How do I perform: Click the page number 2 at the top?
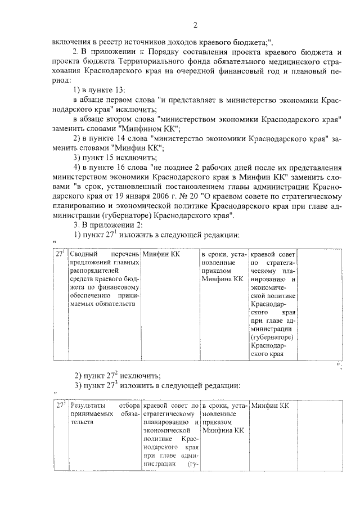195,25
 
